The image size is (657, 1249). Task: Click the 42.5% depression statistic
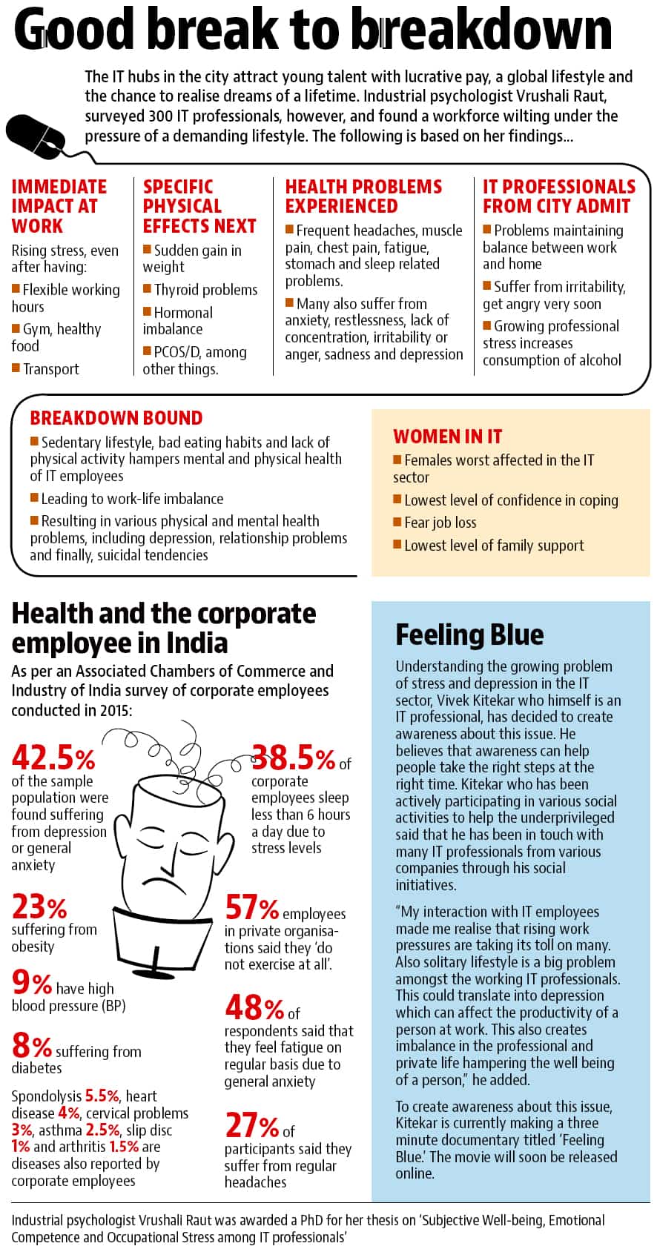coord(53,758)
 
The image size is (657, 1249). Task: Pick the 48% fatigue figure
coord(255,1007)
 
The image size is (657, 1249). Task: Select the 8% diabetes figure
coord(32,1045)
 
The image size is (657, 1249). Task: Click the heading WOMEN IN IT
coord(447,437)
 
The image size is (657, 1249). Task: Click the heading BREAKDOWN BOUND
coord(116,418)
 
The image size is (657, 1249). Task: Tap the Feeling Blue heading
coord(469,635)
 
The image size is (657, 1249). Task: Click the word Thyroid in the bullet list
coord(176,290)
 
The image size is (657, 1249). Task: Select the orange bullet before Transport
coord(16,368)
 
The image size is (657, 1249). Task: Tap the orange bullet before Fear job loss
coord(397,521)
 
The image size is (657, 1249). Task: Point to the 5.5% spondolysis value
coord(102,1096)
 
